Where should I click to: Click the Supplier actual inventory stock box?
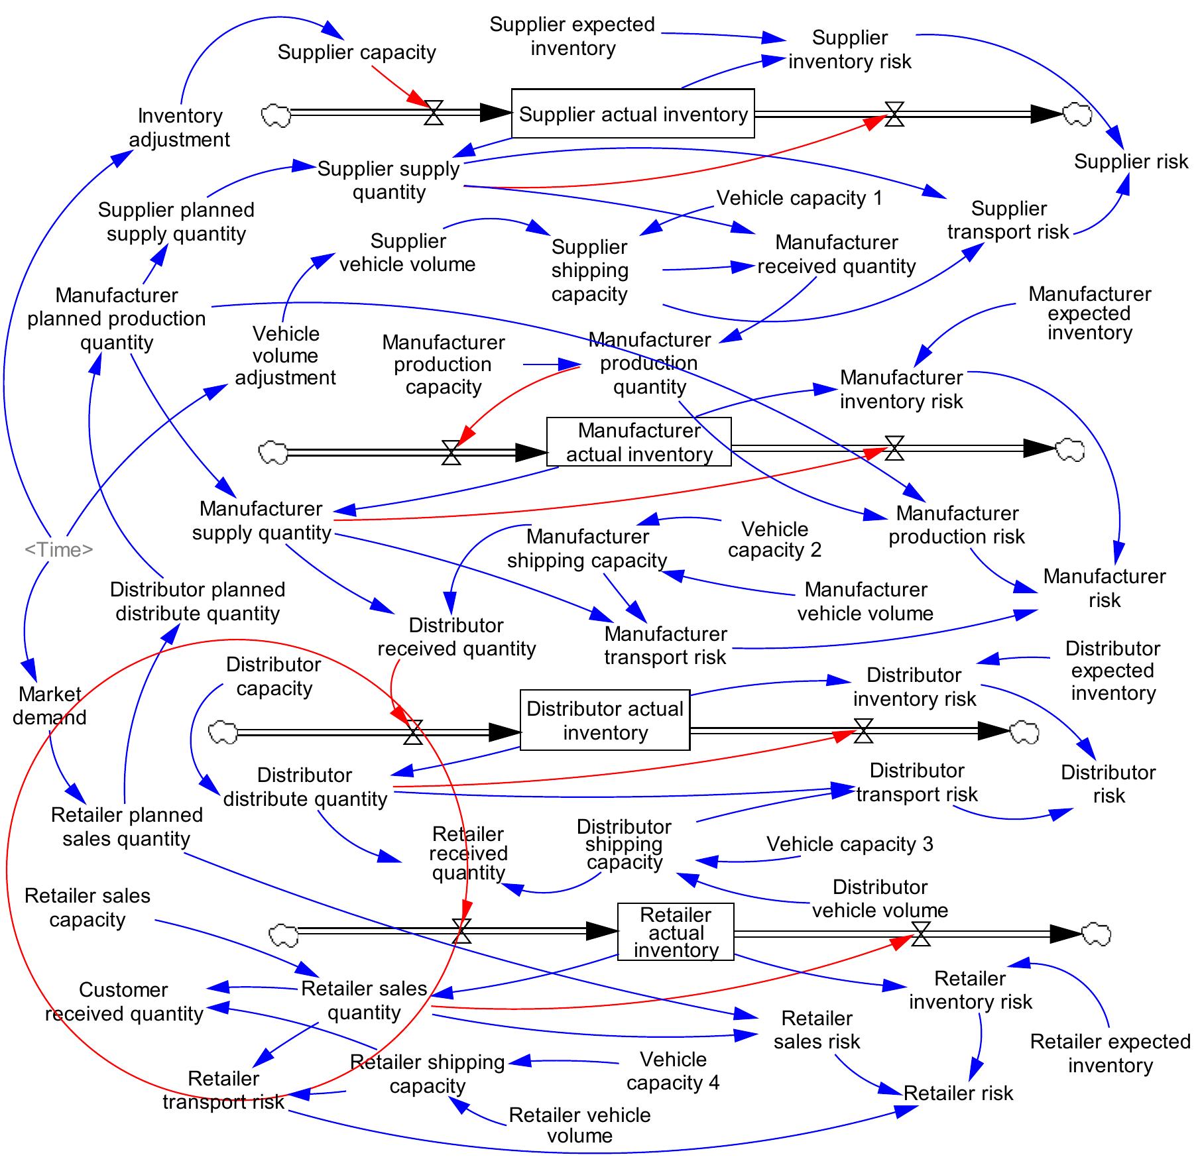632,114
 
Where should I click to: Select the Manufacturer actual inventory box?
638,442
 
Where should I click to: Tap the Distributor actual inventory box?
605,720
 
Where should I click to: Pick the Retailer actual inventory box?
675,932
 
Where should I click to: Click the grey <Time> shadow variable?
58,549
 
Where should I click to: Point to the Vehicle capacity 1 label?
799,197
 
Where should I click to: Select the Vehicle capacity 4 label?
672,1070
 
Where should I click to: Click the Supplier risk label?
1130,161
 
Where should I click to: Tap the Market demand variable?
50,706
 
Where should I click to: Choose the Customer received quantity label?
124,1001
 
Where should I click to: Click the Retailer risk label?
958,1093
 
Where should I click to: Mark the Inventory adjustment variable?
179,127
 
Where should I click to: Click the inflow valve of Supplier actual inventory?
434,113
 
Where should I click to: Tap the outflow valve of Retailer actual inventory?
921,934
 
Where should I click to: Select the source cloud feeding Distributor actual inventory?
223,733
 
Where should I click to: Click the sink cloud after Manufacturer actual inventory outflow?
1070,450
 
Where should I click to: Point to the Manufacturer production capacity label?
443,364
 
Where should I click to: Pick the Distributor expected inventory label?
1112,671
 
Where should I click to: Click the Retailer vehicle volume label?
579,1125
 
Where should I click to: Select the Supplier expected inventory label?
572,36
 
